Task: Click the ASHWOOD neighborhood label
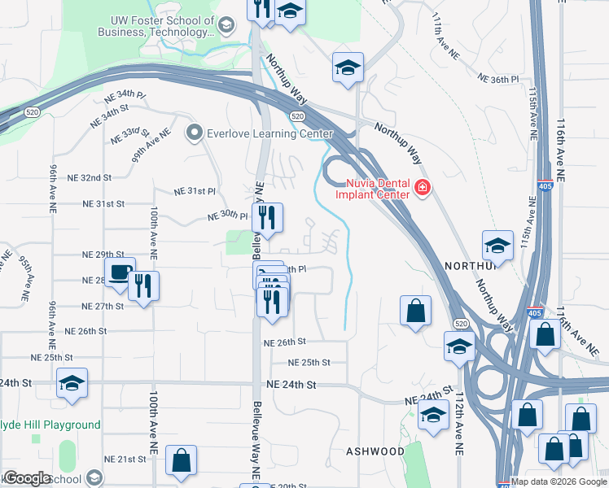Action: [375, 451]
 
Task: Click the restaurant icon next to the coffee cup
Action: [144, 285]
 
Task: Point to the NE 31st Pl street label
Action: [195, 191]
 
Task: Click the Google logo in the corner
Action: [27, 478]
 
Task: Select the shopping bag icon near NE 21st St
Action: [181, 460]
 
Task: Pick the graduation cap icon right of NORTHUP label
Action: [497, 245]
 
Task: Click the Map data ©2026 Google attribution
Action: [559, 481]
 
